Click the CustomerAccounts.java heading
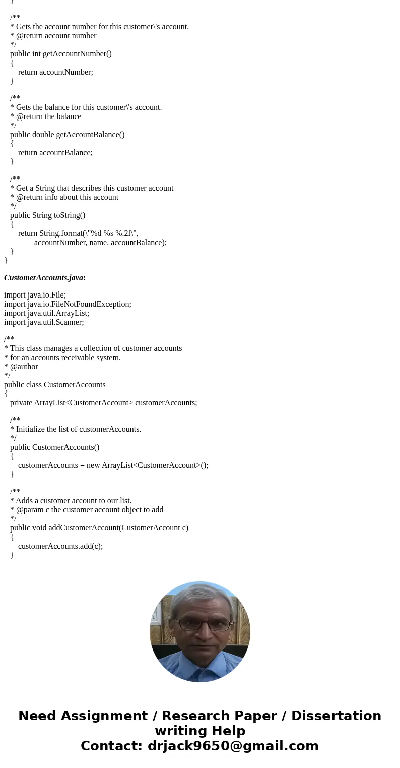[x=44, y=278]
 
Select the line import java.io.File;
[x=35, y=295]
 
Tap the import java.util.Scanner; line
[x=44, y=322]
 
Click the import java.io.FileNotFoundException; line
[x=68, y=304]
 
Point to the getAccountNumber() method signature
[x=60, y=54]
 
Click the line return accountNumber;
[x=55, y=72]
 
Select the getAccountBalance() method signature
[x=67, y=135]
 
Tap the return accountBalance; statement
[x=55, y=153]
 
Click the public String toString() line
[x=47, y=215]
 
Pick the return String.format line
[x=78, y=233]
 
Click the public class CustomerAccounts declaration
[x=54, y=385]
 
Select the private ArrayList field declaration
[x=103, y=403]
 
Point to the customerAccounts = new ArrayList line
[x=113, y=465]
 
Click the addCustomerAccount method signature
[x=99, y=528]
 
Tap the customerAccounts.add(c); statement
[x=60, y=546]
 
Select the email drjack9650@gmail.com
[x=233, y=746]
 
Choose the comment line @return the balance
[x=48, y=116]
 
